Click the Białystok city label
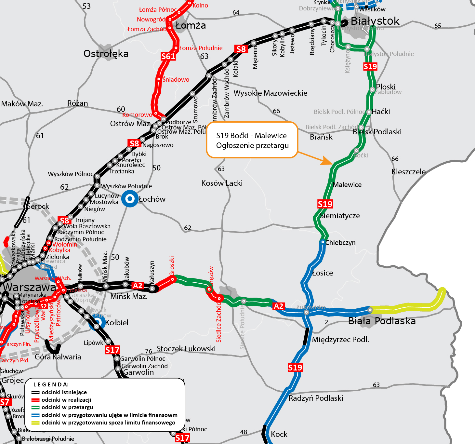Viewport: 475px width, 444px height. coord(375,21)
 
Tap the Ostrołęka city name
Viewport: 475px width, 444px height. coord(106,54)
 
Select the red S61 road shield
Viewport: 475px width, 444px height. coord(168,57)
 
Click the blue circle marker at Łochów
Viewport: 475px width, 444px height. coord(130,199)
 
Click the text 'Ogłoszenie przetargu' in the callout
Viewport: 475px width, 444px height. coord(252,145)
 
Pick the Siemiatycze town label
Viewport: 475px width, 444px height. coord(340,216)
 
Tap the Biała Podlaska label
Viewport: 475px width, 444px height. coord(382,321)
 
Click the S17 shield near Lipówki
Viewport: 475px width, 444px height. coord(112,350)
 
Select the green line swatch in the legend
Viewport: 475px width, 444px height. coord(36,407)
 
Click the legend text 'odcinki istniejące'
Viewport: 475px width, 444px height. coord(64,392)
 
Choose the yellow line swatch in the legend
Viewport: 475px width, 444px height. coord(36,423)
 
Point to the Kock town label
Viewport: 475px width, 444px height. coord(279,434)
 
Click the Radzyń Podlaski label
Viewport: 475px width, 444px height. coord(316,398)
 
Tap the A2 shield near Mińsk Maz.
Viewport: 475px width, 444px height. coord(138,286)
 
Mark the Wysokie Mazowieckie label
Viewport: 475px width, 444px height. coord(270,93)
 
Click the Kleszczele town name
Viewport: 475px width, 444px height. coord(408,172)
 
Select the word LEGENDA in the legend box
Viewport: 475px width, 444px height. coord(51,384)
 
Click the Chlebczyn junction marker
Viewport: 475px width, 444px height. coord(323,242)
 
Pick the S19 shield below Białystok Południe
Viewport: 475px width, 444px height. coord(370,67)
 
